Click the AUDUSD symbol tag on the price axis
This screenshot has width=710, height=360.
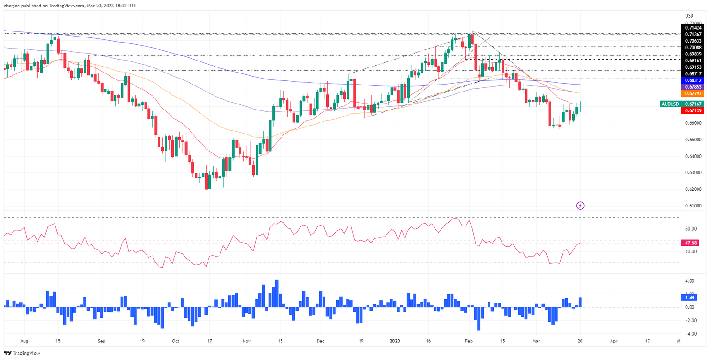point(670,104)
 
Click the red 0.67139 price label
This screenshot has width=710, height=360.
point(694,111)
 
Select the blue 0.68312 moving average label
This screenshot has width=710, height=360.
point(694,80)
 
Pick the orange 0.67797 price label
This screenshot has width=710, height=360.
point(694,93)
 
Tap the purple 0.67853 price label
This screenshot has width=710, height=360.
point(694,86)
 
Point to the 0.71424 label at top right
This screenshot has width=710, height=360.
point(694,28)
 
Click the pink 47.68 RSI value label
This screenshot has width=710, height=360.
point(692,243)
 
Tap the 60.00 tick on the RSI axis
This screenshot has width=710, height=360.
point(691,229)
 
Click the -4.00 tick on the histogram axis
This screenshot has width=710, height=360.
point(691,333)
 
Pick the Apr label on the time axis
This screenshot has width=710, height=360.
point(613,341)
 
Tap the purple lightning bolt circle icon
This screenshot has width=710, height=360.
point(581,205)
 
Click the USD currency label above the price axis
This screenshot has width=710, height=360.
point(689,15)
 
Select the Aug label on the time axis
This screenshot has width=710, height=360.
point(24,341)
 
